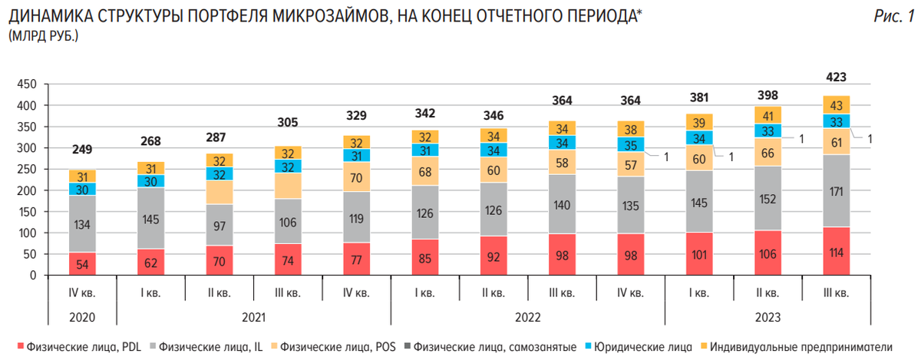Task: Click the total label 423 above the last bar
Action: tap(836, 77)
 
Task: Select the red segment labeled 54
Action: tap(82, 263)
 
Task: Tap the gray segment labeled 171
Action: tap(836, 190)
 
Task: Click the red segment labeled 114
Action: tap(836, 251)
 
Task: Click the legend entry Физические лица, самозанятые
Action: tap(495, 346)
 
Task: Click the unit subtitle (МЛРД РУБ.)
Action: tap(44, 36)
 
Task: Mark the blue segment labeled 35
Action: tap(631, 144)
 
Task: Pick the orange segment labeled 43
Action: tap(836, 104)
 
